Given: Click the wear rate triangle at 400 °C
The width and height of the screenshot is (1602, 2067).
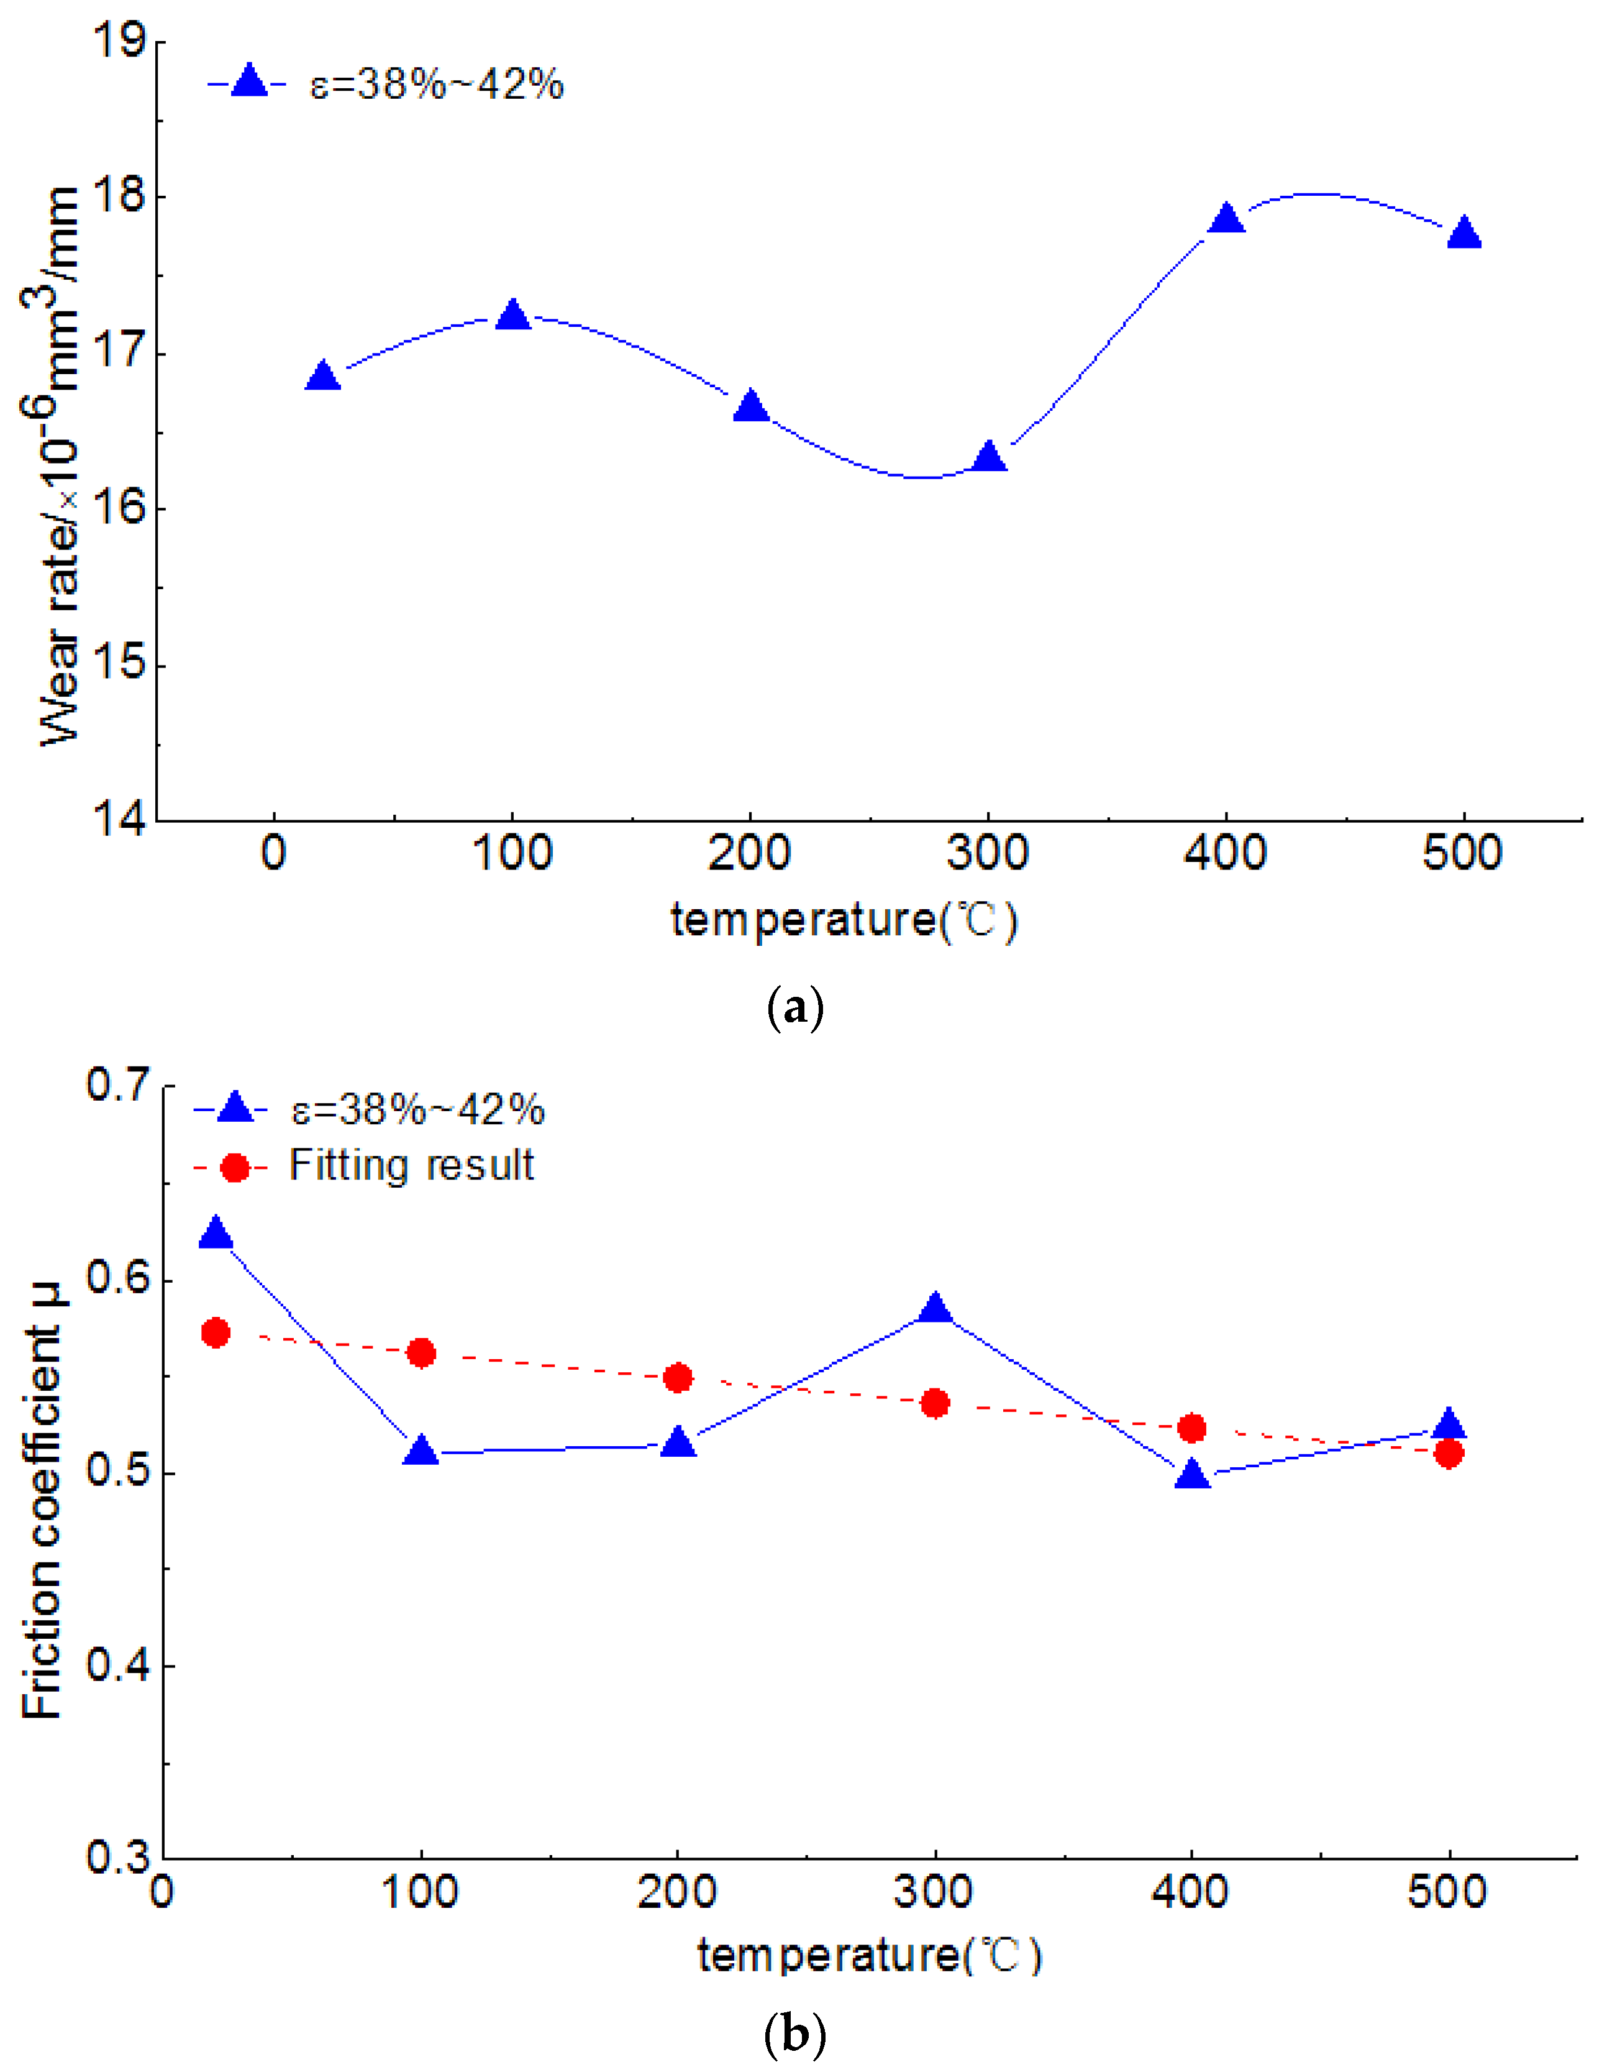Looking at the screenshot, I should coord(1226,219).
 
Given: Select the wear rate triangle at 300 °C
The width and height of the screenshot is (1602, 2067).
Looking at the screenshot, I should coord(989,458).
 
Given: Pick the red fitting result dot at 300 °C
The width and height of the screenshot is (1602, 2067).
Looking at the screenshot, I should coord(935,1403).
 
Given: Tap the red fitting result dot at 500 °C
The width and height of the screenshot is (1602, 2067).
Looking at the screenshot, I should coord(1449,1454).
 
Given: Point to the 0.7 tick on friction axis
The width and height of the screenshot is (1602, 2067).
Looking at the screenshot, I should coord(118,1084).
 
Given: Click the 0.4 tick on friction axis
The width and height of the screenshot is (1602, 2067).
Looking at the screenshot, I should coord(118,1666).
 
